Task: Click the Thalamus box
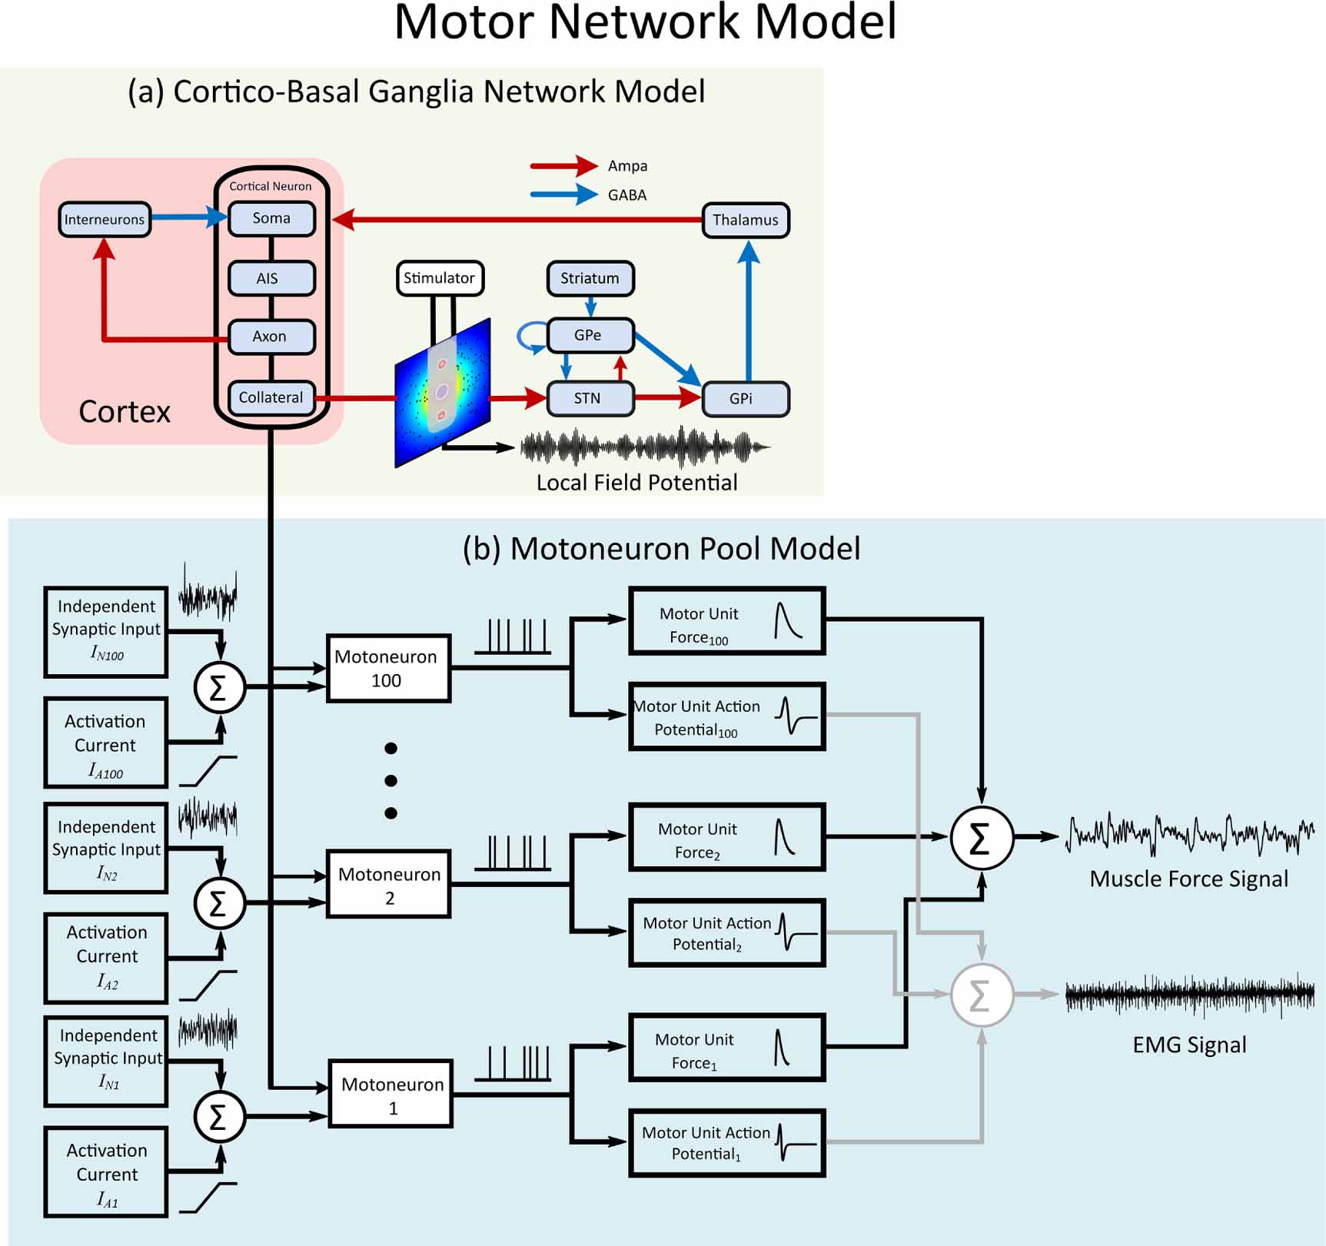tap(746, 221)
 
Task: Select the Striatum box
tap(590, 278)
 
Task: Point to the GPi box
tap(745, 399)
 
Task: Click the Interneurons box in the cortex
tap(104, 220)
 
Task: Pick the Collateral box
tap(271, 398)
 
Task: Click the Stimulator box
tap(439, 278)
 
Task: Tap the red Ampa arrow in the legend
tap(563, 165)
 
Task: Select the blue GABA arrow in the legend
tap(563, 194)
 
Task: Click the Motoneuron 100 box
tap(388, 668)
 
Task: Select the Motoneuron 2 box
tap(388, 884)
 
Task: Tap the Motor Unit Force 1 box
tap(726, 1048)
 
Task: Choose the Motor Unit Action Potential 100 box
tap(726, 716)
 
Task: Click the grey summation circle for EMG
tap(981, 995)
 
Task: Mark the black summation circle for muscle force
tap(981, 838)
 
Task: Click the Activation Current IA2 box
tap(106, 958)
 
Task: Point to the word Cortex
tap(125, 412)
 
